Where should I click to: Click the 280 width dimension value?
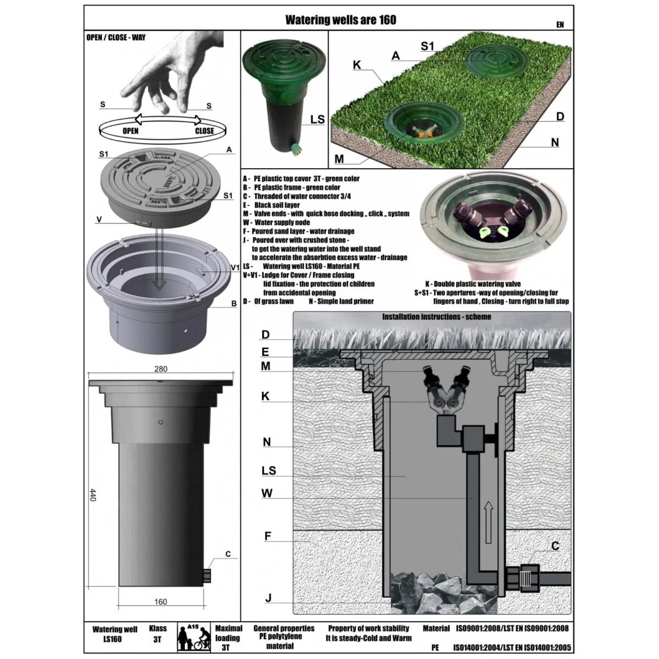pyautogui.click(x=160, y=368)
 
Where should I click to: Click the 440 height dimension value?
pyautogui.click(x=92, y=495)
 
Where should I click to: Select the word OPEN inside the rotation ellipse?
pyautogui.click(x=130, y=131)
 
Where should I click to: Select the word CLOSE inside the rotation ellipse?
pyautogui.click(x=204, y=131)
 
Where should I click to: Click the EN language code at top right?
pyautogui.click(x=560, y=25)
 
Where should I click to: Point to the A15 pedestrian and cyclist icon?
pyautogui.click(x=193, y=637)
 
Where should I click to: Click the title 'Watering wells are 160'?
pyautogui.click(x=340, y=20)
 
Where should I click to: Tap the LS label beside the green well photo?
pyautogui.click(x=317, y=119)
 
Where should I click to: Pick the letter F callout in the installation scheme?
pyautogui.click(x=268, y=536)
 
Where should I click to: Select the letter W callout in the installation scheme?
pyautogui.click(x=267, y=493)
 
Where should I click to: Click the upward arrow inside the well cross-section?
pyautogui.click(x=489, y=522)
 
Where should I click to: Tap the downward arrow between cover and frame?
pyautogui.click(x=159, y=259)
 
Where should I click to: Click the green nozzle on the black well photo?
pyautogui.click(x=293, y=149)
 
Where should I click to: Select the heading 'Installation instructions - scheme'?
pyautogui.click(x=437, y=317)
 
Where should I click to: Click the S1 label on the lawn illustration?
pyautogui.click(x=427, y=46)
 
